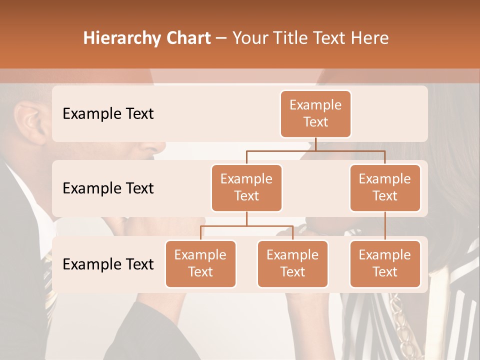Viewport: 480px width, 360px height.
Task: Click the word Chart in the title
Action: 186,38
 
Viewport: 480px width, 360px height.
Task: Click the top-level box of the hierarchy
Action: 315,114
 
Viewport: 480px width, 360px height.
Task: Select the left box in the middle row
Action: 246,187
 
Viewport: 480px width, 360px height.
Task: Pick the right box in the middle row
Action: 385,187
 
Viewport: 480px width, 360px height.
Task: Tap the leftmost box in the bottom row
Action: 200,263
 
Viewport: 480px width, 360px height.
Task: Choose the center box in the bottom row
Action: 292,263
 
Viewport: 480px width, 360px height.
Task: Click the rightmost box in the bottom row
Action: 385,263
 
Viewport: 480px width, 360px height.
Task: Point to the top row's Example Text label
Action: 108,114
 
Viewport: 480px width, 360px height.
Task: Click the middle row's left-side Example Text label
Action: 108,188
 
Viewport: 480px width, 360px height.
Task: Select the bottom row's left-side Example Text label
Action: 108,264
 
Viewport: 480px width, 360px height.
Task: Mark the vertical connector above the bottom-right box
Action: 385,226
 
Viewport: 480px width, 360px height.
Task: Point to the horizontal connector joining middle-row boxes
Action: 315,150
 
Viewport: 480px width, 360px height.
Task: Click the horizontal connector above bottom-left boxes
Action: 246,226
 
